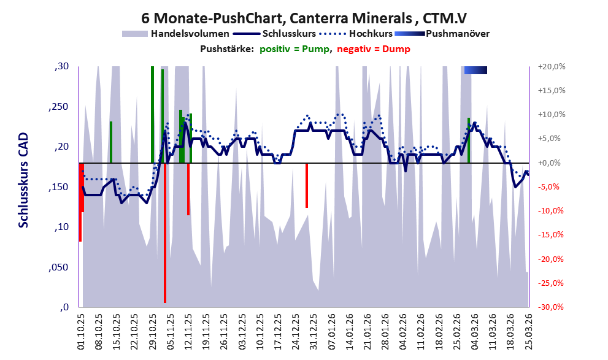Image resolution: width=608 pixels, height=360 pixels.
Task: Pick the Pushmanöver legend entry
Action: coord(457,34)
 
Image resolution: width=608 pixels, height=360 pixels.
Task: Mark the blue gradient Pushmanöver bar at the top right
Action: coord(475,71)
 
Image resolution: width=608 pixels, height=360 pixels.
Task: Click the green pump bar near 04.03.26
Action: coord(469,140)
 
